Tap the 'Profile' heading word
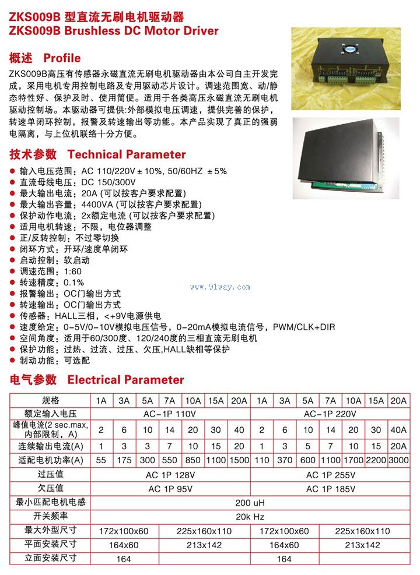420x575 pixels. (x=62, y=58)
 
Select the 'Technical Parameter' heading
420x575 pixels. (x=127, y=154)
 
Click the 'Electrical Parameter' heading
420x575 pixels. (x=125, y=380)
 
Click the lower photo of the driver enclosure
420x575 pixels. (x=346, y=158)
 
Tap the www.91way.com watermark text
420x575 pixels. (x=220, y=287)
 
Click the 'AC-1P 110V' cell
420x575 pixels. (x=170, y=414)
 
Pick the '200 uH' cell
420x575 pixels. (x=250, y=502)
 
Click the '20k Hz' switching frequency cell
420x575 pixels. (x=250, y=516)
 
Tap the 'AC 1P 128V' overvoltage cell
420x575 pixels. (x=170, y=475)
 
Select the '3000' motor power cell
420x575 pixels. (x=399, y=460)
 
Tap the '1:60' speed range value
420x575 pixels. (x=73, y=272)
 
